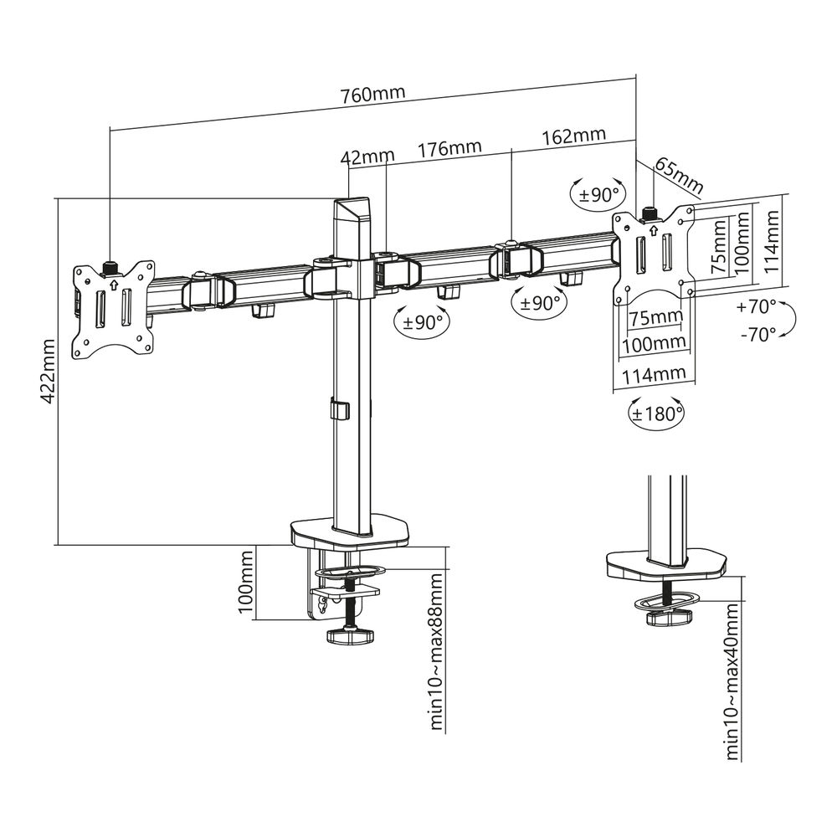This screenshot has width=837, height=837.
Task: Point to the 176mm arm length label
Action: coord(449,148)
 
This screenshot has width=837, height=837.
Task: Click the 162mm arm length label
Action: coord(574,136)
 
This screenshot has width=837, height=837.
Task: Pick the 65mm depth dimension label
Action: coord(677,172)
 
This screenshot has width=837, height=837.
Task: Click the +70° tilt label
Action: coord(757,306)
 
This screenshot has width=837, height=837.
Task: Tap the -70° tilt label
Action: coord(757,334)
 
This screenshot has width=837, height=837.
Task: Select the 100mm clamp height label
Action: coord(246,583)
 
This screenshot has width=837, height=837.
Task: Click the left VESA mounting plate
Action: coord(114,311)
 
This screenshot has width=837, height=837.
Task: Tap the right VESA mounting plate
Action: coord(653,252)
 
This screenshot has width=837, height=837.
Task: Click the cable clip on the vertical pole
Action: coord(339,410)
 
